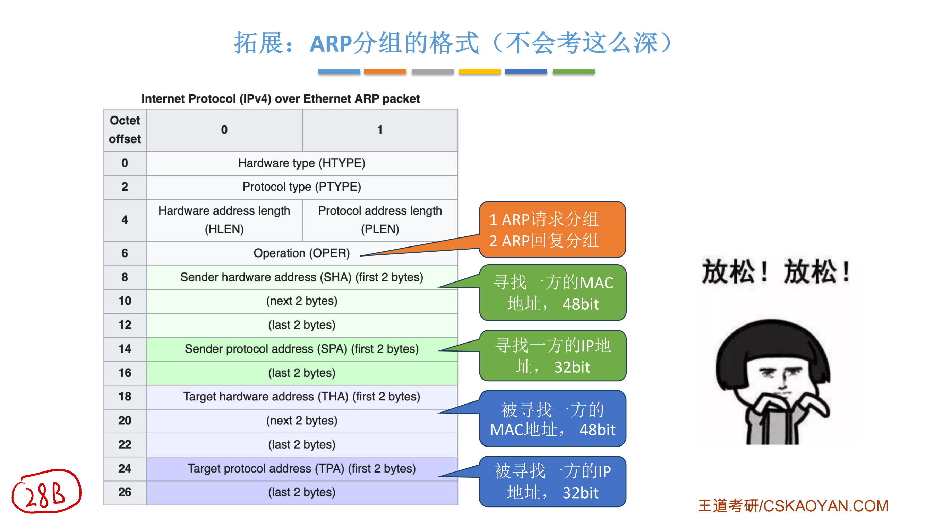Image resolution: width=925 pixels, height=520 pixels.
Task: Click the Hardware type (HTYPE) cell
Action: [x=302, y=163]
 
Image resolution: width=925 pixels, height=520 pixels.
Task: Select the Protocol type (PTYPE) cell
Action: [x=302, y=187]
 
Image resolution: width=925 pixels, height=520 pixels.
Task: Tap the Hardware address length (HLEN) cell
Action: [x=224, y=220]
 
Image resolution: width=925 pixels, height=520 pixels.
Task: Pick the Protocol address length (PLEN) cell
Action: [x=380, y=220]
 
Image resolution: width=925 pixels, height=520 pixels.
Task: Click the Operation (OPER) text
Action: [x=301, y=253]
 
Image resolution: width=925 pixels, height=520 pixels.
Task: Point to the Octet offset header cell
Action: [x=125, y=130]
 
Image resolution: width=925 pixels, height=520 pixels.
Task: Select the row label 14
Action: [x=125, y=349]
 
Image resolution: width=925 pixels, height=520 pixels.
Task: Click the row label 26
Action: [x=125, y=492]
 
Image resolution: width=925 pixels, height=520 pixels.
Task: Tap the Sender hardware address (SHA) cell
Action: [x=302, y=277]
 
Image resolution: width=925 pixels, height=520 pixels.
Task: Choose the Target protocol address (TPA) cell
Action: [x=302, y=469]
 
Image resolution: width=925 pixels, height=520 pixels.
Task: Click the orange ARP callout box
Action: [x=552, y=230]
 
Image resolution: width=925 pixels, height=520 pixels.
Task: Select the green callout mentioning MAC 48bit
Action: [x=553, y=293]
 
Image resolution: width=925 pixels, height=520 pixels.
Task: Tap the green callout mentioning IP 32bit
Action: [x=553, y=356]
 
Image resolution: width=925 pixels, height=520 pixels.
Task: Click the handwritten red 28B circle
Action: [x=46, y=492]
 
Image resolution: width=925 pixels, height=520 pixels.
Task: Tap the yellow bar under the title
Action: [x=479, y=71]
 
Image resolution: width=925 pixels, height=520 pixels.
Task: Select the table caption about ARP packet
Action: [x=281, y=99]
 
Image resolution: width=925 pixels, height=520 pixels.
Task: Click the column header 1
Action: [x=380, y=130]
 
